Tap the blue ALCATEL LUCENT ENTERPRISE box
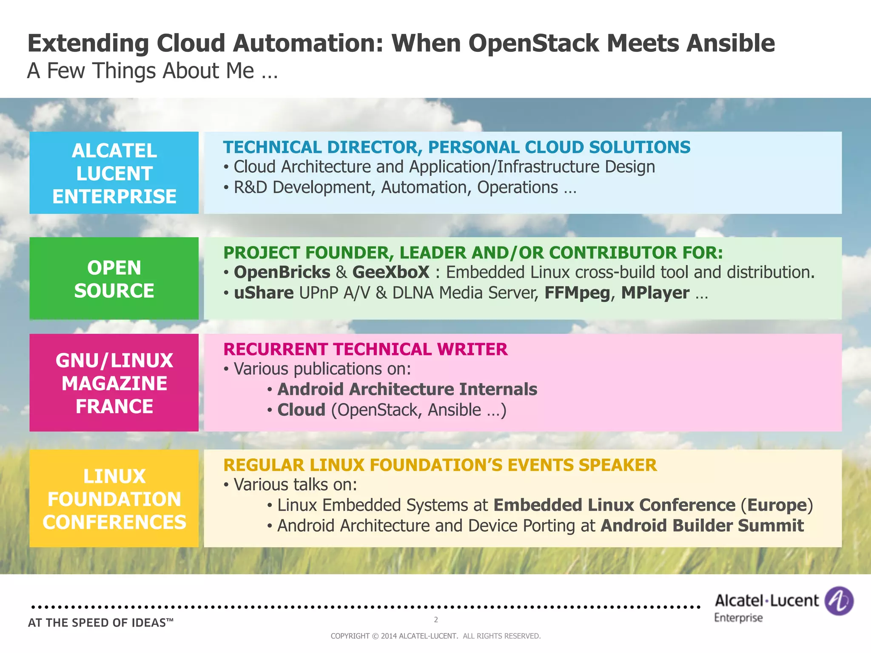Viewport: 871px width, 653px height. [x=114, y=173]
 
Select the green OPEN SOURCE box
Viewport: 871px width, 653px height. [x=114, y=279]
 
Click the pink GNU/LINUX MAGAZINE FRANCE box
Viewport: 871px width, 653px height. [x=114, y=383]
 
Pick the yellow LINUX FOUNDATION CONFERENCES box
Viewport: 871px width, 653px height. [x=114, y=499]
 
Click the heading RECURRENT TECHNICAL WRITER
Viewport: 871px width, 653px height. [x=365, y=349]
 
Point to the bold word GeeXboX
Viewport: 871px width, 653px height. [x=391, y=273]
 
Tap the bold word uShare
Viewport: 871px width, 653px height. [x=264, y=293]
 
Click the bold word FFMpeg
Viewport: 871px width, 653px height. [x=577, y=293]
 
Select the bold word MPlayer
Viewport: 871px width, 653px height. [x=655, y=293]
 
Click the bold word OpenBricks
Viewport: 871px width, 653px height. [x=282, y=273]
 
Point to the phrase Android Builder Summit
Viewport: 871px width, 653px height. [x=702, y=526]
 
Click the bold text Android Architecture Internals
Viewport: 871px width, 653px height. [x=407, y=389]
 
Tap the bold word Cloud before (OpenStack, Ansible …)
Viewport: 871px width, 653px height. [x=301, y=410]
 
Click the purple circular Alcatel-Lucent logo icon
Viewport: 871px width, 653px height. [x=839, y=601]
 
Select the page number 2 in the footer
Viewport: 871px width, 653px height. [x=436, y=620]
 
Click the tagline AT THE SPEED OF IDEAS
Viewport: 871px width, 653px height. [x=100, y=623]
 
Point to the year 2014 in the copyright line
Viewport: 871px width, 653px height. [x=389, y=636]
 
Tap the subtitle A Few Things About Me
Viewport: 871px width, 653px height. [x=152, y=71]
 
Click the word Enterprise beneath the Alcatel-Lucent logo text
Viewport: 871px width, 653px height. [x=738, y=618]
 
